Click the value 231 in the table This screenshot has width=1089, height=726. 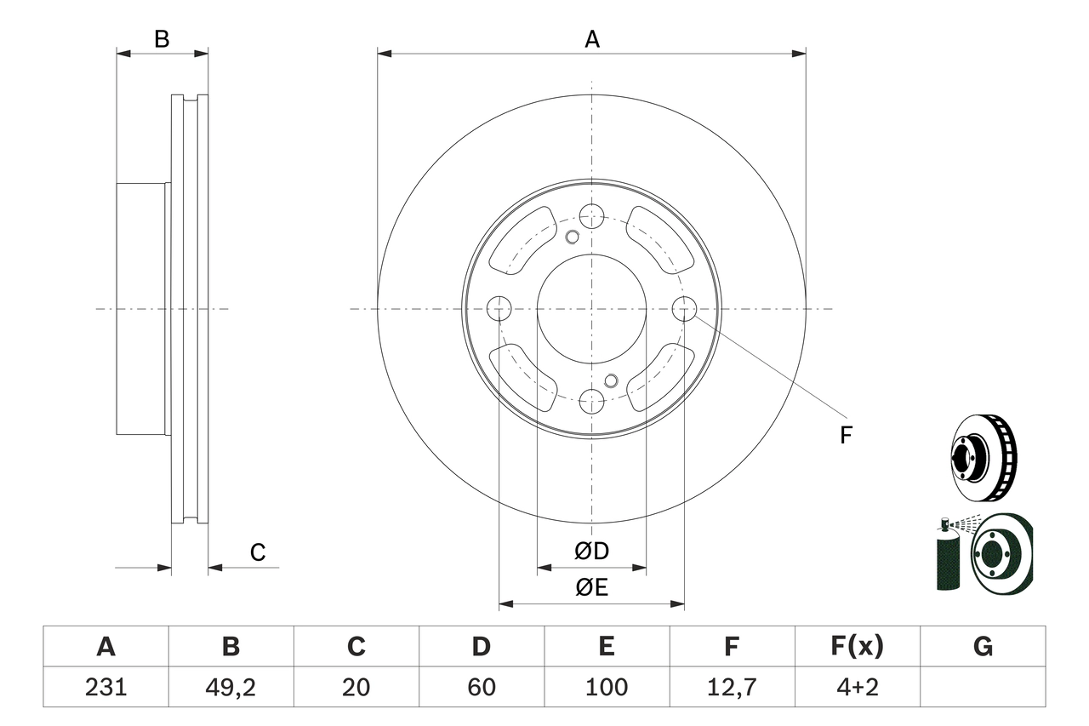(x=105, y=687)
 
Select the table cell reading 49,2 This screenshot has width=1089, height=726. (x=231, y=687)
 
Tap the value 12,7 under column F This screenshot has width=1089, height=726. (x=732, y=687)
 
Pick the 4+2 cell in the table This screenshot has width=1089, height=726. (x=857, y=687)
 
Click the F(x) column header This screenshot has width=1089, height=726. (x=857, y=647)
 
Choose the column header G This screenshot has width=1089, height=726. (x=983, y=647)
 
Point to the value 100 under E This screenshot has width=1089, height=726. (x=606, y=687)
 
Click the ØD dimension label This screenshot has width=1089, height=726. (x=591, y=552)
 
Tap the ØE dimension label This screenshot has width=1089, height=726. (x=591, y=587)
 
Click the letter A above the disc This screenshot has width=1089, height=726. (x=592, y=39)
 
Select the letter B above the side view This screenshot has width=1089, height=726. (x=162, y=39)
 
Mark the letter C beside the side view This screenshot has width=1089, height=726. (x=258, y=553)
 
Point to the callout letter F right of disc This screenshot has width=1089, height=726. (x=845, y=436)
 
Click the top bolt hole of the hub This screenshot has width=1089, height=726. (x=591, y=215)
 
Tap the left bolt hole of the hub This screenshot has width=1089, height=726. (x=499, y=308)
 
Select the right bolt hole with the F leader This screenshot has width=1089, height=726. (x=684, y=308)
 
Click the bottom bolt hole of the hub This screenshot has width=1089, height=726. (x=591, y=401)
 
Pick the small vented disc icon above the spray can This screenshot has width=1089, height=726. (x=983, y=456)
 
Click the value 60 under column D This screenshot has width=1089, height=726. (x=481, y=687)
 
